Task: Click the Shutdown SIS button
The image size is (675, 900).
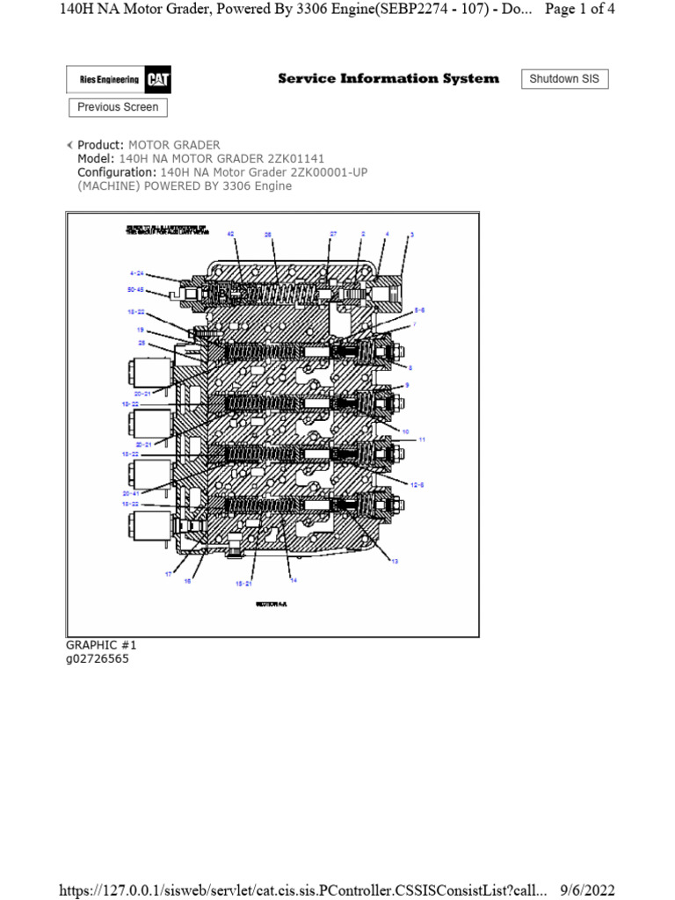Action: click(564, 79)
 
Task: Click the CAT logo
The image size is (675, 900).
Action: click(158, 80)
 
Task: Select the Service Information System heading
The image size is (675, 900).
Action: click(388, 78)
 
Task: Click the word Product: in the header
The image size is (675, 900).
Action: click(101, 144)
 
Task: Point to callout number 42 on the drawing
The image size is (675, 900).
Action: click(230, 235)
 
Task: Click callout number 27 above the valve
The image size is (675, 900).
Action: click(333, 235)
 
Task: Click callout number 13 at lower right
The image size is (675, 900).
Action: click(395, 560)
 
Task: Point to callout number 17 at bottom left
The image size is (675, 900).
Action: click(169, 574)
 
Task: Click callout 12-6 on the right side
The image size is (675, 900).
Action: click(416, 484)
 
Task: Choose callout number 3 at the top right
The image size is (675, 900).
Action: click(411, 235)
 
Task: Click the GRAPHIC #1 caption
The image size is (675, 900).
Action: click(101, 645)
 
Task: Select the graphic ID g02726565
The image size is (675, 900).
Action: click(98, 658)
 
